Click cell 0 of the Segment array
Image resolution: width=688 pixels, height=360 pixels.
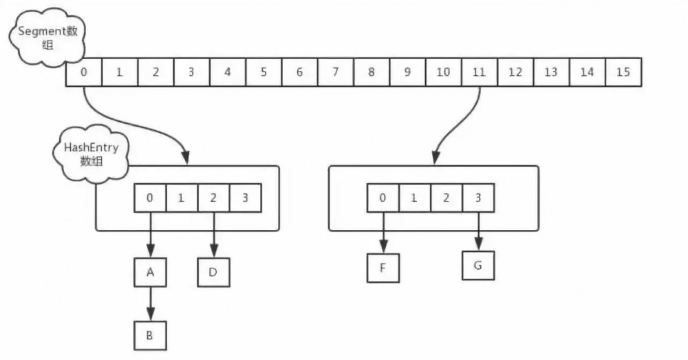click(x=83, y=72)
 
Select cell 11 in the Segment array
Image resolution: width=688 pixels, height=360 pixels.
click(x=480, y=72)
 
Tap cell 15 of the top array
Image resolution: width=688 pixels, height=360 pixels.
click(x=623, y=72)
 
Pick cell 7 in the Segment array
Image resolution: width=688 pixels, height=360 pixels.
click(x=336, y=72)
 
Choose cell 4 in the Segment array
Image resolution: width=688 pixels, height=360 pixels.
click(x=228, y=72)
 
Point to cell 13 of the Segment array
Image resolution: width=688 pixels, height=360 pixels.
click(x=551, y=72)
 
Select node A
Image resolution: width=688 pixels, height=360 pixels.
click(x=150, y=272)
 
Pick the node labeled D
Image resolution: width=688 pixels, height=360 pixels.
click(x=213, y=271)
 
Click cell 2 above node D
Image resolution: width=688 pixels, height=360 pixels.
click(x=213, y=198)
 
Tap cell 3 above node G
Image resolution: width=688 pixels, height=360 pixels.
click(x=478, y=198)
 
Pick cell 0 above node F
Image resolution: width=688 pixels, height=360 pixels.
click(x=383, y=198)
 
